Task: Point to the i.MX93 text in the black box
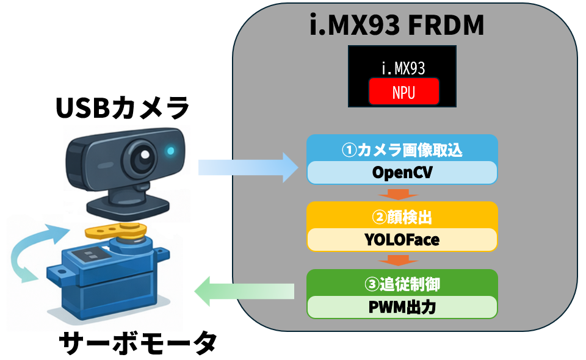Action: [403, 67]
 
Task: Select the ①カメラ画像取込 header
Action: [402, 149]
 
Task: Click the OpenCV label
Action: [402, 173]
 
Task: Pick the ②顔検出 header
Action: [402, 215]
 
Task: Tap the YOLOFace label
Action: [402, 240]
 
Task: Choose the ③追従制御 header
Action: [402, 283]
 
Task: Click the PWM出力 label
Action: [402, 307]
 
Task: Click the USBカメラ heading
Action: [123, 109]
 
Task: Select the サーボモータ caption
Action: [138, 343]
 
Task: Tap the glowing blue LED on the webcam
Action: [170, 150]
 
